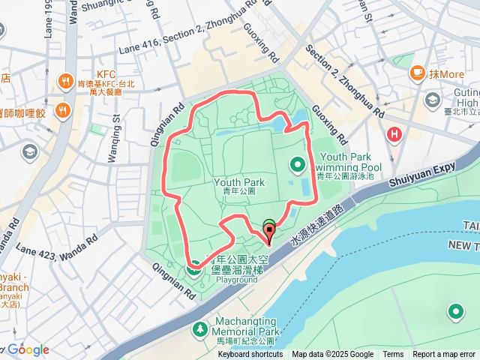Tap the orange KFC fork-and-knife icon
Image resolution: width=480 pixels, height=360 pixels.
pos(64,82)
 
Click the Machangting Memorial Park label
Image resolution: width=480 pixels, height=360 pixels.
pos(246,326)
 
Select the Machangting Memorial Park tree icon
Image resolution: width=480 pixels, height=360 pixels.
pos(200,329)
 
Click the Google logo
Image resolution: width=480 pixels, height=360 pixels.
pos(28,349)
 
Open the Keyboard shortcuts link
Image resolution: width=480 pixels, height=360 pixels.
pos(250,355)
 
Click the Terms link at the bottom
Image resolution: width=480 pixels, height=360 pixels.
pos(393,355)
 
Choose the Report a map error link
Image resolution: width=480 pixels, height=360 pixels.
pos(444,355)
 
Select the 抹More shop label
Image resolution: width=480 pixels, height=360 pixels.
pos(447,74)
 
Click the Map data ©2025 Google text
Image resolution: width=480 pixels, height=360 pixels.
pos(333,355)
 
